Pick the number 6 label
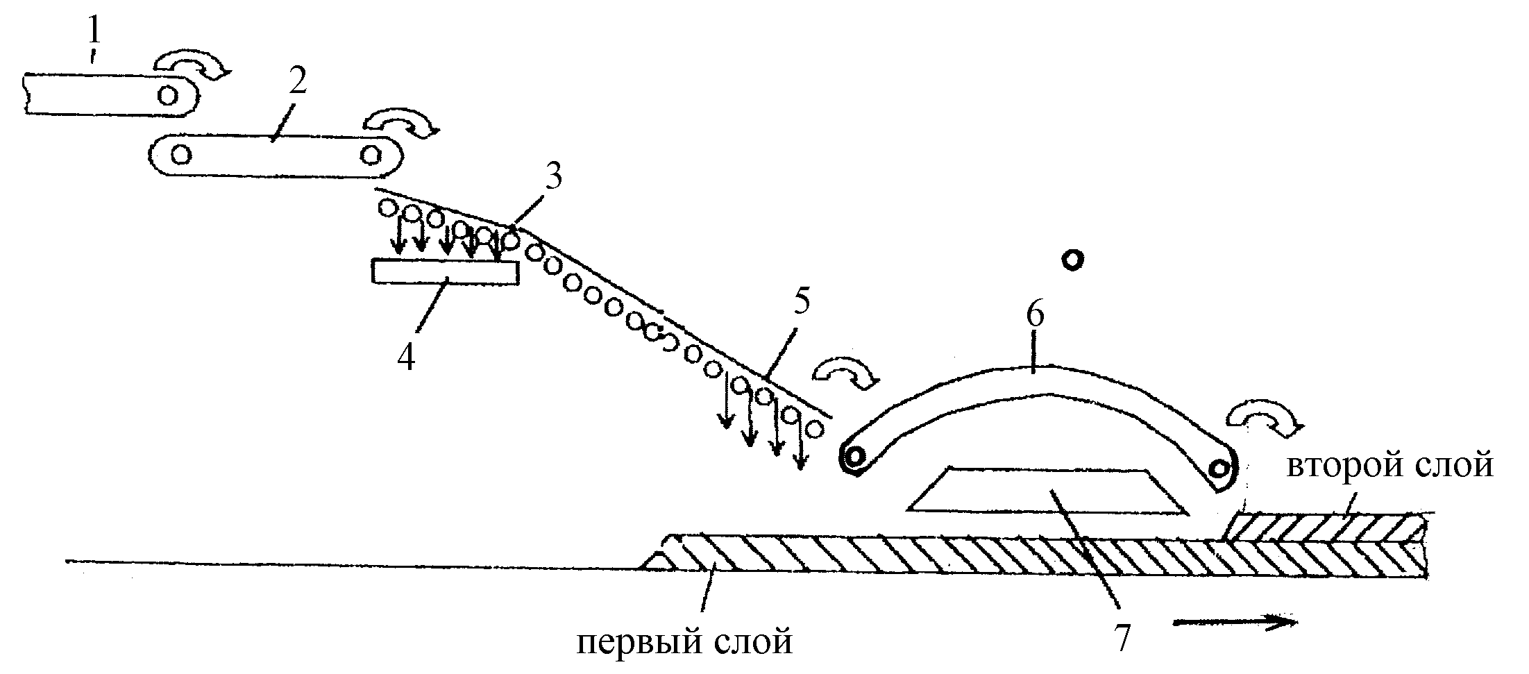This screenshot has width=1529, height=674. [x=1034, y=316]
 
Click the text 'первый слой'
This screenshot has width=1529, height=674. [x=685, y=642]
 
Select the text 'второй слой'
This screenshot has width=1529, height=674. [x=1390, y=466]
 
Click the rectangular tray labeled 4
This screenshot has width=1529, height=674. [x=446, y=272]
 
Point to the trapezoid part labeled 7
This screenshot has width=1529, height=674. [x=1047, y=489]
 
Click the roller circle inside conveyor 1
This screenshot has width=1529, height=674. [x=167, y=94]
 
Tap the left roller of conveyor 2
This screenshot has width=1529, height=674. [x=181, y=154]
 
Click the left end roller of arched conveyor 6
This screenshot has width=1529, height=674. [x=855, y=457]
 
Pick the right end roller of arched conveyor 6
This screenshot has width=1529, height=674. [x=1219, y=469]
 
